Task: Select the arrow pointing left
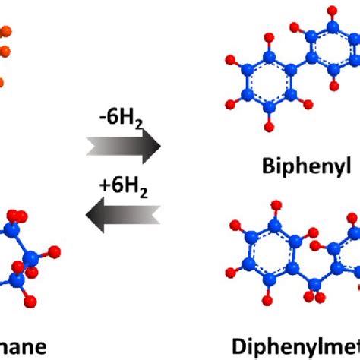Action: pos(125,217)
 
